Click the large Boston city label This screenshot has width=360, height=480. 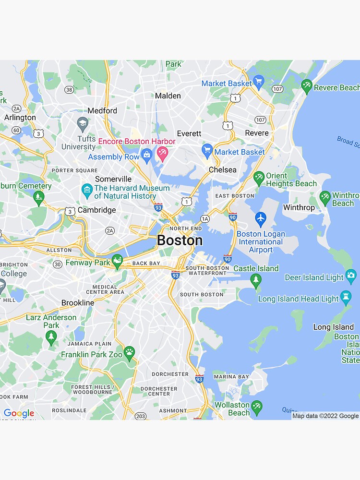(180, 240)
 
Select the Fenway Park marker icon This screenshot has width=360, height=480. (117, 262)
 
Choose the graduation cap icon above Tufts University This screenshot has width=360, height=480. (83, 123)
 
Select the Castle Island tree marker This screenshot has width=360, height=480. (256, 281)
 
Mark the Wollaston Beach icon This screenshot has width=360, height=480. (257, 407)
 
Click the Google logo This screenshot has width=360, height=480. (19, 413)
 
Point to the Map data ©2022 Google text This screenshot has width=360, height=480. (325, 416)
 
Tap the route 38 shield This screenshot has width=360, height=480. (69, 90)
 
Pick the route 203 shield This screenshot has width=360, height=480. (141, 416)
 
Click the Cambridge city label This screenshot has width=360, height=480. (97, 210)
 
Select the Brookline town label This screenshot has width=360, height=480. (78, 303)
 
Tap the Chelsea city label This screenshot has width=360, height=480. (223, 169)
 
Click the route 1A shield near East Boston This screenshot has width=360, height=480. (205, 219)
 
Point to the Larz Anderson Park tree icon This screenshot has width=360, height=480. (51, 337)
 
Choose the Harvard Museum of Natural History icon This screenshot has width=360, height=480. (87, 190)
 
